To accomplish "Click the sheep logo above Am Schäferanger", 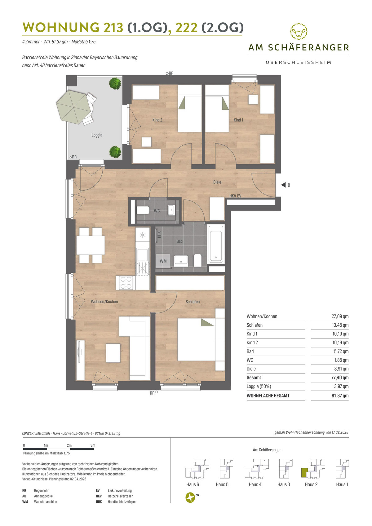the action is tap(299, 31).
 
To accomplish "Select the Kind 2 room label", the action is tap(157, 120).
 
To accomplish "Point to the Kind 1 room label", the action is tap(238, 120).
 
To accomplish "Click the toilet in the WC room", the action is tap(143, 210).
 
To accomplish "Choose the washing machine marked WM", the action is tap(163, 261).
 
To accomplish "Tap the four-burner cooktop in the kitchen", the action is tap(126, 283).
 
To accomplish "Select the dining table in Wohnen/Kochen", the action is tap(91, 245).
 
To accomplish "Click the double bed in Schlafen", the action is tap(196, 339).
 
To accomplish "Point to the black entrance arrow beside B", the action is tap(283, 185).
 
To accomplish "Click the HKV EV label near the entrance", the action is tap(235, 196).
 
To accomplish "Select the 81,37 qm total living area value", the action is tap(340, 396).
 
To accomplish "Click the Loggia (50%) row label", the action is tap(259, 387).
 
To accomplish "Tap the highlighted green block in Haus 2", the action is tap(304, 472).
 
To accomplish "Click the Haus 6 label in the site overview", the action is tap(193, 484).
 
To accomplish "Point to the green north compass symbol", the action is tap(190, 497).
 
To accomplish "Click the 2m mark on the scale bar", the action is tap(69, 445).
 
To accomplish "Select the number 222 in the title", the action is tap(186, 28).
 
